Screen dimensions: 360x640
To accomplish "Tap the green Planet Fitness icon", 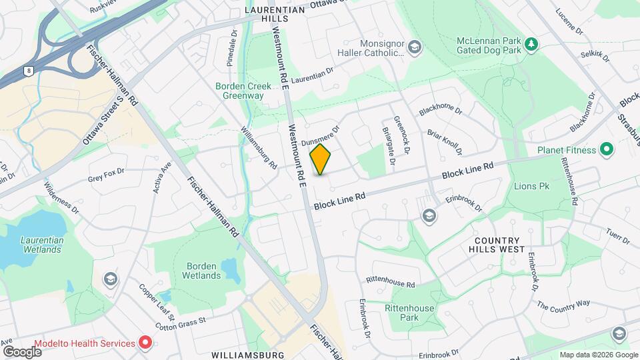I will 607,149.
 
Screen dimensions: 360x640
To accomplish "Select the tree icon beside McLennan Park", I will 531,45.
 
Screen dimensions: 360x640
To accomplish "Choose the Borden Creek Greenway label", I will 239,90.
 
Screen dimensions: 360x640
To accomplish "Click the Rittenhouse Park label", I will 409,313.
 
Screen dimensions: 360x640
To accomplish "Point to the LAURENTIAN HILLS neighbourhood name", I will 275,15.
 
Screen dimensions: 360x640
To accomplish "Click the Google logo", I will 22,351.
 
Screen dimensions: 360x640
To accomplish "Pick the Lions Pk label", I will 531,186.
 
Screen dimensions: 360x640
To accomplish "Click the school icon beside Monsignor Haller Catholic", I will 415,46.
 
